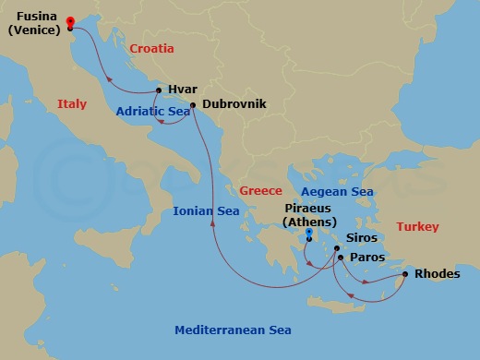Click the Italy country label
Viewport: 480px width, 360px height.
71,104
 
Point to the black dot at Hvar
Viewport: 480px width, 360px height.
160,90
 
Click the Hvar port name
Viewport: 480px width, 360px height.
183,90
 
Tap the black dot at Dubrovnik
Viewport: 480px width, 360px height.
193,105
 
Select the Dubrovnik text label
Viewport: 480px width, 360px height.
234,105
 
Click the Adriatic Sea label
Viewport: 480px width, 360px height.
152,113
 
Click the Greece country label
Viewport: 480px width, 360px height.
260,190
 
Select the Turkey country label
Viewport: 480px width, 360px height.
418,226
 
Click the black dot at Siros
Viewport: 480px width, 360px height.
337,248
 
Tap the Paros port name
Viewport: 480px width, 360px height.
367,258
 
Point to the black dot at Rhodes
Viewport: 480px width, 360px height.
405,274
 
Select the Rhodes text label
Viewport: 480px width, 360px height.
437,274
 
